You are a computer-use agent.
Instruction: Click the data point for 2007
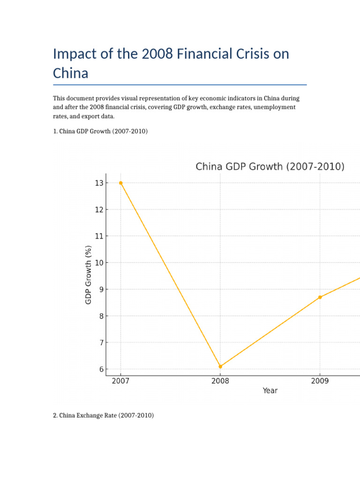(x=120, y=183)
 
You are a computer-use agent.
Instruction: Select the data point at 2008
(x=220, y=367)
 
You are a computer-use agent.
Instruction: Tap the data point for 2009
(x=320, y=297)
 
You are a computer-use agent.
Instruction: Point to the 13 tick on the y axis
(x=98, y=183)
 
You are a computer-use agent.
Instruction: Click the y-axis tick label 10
(x=98, y=262)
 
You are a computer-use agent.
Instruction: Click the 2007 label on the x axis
(x=120, y=381)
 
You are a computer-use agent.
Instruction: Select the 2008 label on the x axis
(x=220, y=381)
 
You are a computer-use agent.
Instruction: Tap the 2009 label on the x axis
(x=320, y=381)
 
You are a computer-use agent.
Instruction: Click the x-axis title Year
(x=270, y=390)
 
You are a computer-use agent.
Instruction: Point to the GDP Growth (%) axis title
(x=89, y=275)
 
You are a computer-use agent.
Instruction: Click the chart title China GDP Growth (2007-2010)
(x=270, y=166)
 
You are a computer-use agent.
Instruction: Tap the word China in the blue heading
(x=70, y=73)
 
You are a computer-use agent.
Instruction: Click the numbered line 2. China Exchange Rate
(x=103, y=415)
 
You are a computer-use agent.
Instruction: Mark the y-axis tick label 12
(x=98, y=210)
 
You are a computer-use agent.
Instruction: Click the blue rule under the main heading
(x=180, y=85)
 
